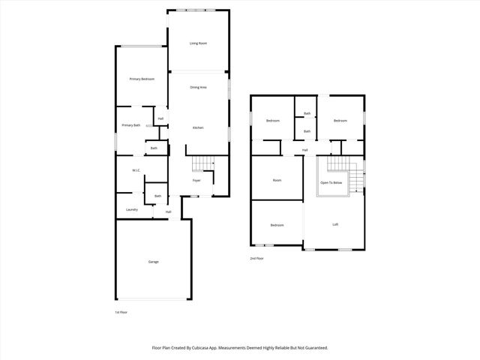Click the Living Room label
pos(198,43)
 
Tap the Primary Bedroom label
pos(142,79)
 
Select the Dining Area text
pos(198,88)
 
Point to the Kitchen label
pos(198,128)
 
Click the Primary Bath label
pos(131,125)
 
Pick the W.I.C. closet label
pos(136,170)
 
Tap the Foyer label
pos(196,181)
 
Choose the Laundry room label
pos(131,210)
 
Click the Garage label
pos(153,262)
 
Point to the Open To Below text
pos(331,183)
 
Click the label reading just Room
pos(277,181)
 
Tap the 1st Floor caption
pos(121,312)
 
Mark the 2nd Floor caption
pos(257,259)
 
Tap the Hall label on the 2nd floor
pos(305,151)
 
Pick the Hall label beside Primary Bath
pos(160,118)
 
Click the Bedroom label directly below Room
pos(277,225)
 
